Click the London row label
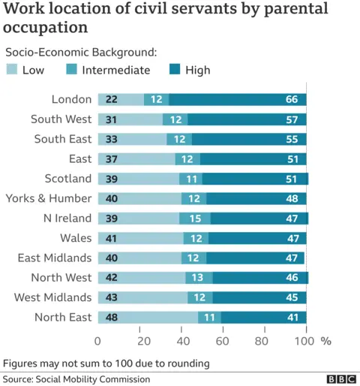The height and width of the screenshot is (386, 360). click(x=71, y=100)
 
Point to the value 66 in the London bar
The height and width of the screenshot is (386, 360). click(x=291, y=100)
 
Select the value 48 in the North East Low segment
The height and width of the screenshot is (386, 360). click(x=111, y=317)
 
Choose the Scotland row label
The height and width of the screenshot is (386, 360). click(x=68, y=179)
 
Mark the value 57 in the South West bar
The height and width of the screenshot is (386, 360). click(x=291, y=119)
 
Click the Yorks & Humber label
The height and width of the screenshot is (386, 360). click(x=49, y=198)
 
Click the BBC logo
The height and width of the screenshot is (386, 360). click(x=341, y=378)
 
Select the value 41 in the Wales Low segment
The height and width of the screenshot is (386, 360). click(x=111, y=238)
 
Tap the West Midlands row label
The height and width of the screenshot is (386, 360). click(x=52, y=297)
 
